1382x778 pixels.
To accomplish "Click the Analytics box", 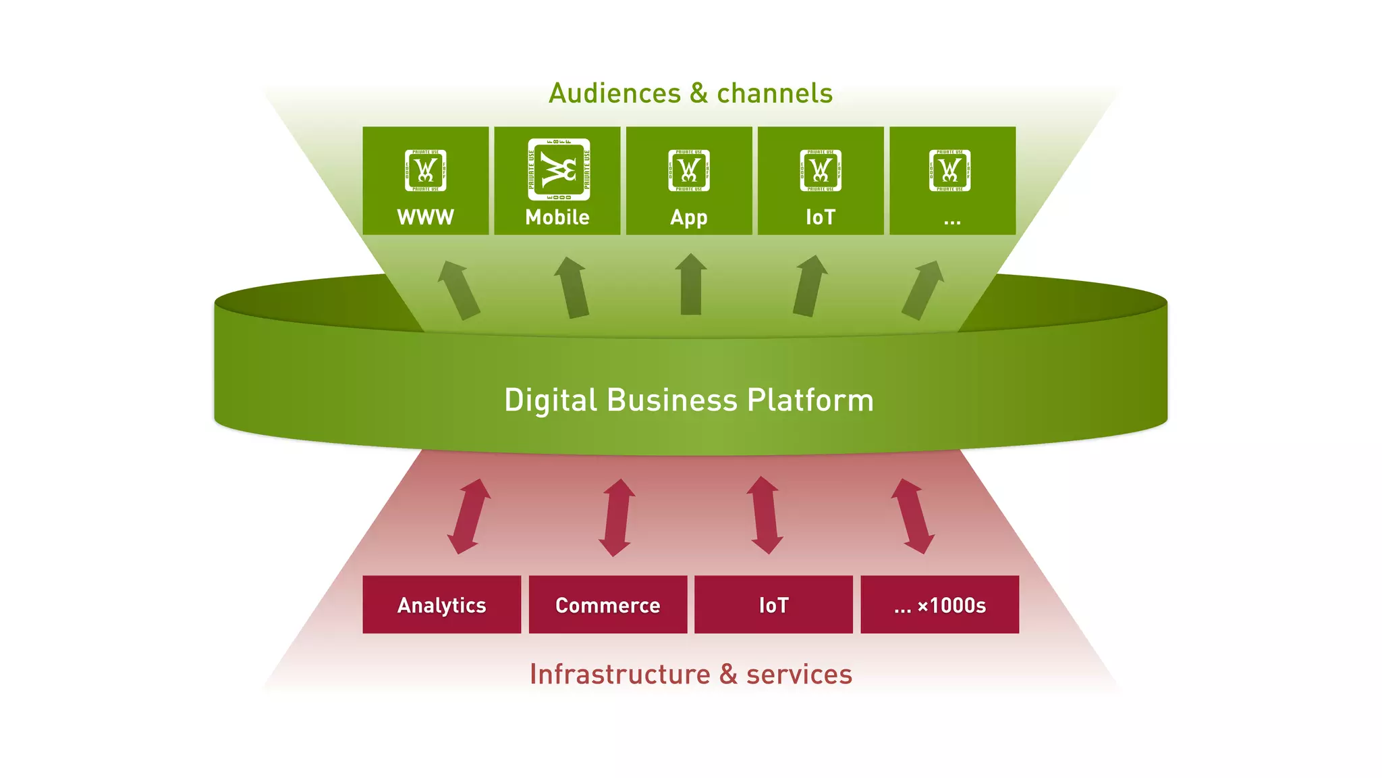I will click(x=441, y=604).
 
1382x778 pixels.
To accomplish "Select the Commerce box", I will click(x=607, y=604).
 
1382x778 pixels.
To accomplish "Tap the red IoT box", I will click(x=773, y=604).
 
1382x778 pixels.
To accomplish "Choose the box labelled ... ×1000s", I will click(x=939, y=604).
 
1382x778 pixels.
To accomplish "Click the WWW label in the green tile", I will click(x=425, y=217).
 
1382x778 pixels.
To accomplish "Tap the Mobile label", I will click(x=557, y=217).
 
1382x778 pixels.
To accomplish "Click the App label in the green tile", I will click(x=689, y=217).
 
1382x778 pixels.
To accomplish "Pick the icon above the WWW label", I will click(x=425, y=170).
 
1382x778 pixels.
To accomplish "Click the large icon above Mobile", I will click(x=559, y=170).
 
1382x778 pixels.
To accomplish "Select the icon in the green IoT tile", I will click(x=821, y=170).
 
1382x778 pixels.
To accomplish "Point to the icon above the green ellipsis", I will click(x=949, y=170).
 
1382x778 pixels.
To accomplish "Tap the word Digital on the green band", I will click(x=550, y=400).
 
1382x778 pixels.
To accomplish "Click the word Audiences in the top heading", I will click(x=615, y=93).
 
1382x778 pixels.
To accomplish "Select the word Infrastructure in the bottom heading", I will click(x=619, y=674).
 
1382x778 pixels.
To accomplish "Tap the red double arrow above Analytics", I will click(x=469, y=517).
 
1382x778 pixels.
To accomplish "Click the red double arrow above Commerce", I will click(x=617, y=517).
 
